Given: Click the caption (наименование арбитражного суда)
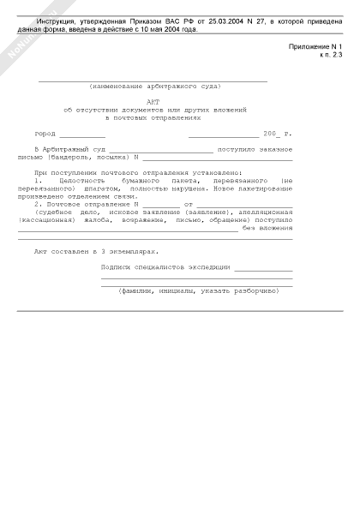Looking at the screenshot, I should [x=154, y=86].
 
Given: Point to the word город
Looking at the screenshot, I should [x=45, y=134].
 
